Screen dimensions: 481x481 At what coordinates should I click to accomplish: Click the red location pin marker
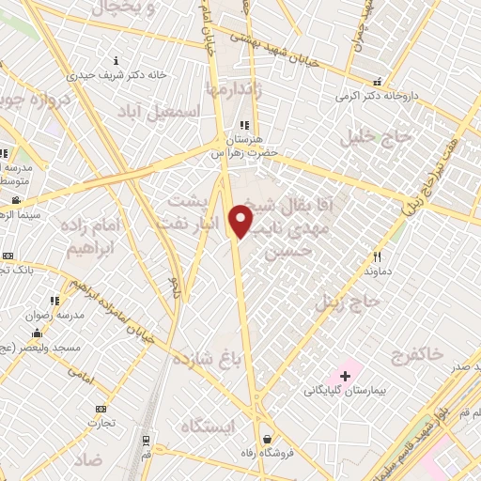point(241,222)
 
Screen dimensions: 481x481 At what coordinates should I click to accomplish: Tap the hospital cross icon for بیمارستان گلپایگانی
point(345,376)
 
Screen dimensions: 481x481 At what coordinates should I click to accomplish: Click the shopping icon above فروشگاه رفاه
point(268,438)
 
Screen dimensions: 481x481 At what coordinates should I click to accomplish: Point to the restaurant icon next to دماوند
point(377,256)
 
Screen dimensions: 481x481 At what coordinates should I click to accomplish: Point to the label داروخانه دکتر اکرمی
point(376,96)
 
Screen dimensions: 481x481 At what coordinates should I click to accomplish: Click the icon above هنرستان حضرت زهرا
point(244,125)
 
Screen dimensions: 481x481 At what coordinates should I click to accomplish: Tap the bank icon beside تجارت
point(101,409)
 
